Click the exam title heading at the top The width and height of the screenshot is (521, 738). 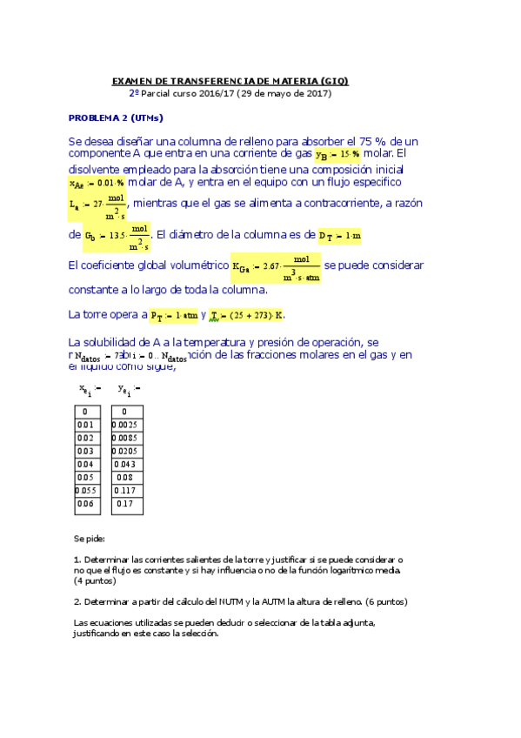[x=230, y=80]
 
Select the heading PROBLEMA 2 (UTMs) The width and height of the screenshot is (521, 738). [x=116, y=117]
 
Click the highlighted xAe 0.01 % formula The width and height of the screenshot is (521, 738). [x=97, y=184]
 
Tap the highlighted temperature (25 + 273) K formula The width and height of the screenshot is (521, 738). [x=249, y=315]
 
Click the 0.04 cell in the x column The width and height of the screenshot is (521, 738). [x=85, y=464]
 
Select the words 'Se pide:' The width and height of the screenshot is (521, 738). [x=90, y=540]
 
